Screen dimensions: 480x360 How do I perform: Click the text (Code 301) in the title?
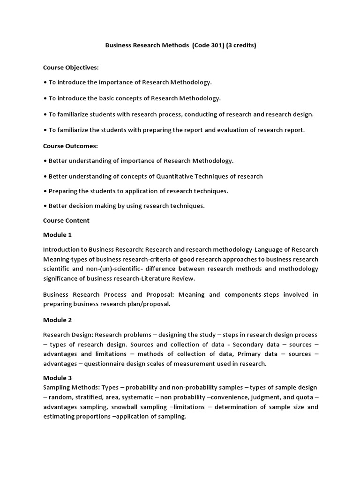click(x=208, y=46)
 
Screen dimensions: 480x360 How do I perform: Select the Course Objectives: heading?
click(x=71, y=67)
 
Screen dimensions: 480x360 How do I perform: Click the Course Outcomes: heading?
click(x=70, y=146)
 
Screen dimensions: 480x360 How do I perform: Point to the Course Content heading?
click(x=66, y=220)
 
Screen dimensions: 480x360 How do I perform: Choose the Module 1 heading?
click(x=57, y=235)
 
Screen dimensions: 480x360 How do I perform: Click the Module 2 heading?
click(x=57, y=320)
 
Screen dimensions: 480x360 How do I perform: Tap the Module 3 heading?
click(x=57, y=377)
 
